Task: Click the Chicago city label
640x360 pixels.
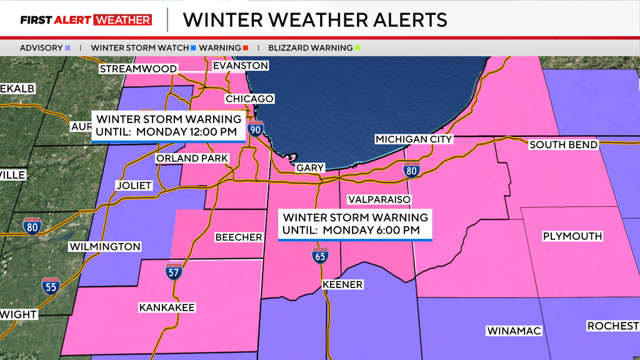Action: point(249,99)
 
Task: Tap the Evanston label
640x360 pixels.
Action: point(241,66)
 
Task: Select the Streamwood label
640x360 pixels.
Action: point(138,69)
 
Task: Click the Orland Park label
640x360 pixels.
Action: point(192,159)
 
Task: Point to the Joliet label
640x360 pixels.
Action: point(134,186)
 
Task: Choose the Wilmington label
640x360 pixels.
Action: point(104,247)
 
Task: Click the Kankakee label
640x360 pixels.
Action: point(167,307)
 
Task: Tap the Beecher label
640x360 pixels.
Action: point(239,237)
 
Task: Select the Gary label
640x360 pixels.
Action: point(310,168)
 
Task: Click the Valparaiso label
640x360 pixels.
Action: point(379,199)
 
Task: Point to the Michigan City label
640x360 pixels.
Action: point(414,139)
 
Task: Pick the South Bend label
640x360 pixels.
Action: point(563,145)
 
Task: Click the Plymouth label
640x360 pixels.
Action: point(572,236)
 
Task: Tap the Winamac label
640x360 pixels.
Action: point(514,331)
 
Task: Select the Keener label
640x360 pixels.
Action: point(342,285)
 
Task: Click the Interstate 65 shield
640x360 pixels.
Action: point(320,256)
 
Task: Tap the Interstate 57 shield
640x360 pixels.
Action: point(174,272)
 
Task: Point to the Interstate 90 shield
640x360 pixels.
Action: point(256,129)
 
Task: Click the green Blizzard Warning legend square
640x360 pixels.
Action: point(357,47)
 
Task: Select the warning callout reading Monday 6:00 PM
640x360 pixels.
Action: point(356,225)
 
